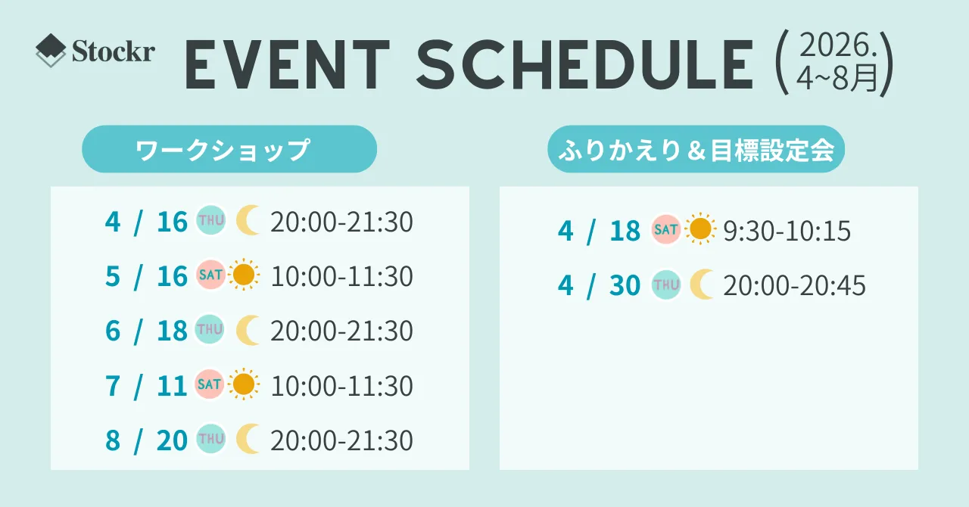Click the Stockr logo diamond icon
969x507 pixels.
click(51, 50)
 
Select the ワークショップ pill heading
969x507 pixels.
click(229, 149)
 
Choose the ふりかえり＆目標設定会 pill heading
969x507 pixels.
click(696, 149)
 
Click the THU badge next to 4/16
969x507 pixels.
click(211, 221)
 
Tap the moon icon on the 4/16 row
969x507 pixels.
click(248, 221)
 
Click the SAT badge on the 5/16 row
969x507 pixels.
click(210, 275)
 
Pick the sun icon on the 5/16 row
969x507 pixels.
click(244, 275)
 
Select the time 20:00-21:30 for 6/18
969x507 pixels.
click(341, 331)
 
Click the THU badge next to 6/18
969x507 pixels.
click(210, 330)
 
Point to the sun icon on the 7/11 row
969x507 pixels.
click(244, 384)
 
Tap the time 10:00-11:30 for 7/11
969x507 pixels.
click(341, 386)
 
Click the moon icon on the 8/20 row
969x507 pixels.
click(248, 439)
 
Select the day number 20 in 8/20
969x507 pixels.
click(172, 441)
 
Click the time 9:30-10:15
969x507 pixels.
click(787, 231)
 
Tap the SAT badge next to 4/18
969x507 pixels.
click(666, 229)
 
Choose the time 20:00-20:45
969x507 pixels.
click(795, 285)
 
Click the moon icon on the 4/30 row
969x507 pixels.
click(701, 285)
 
